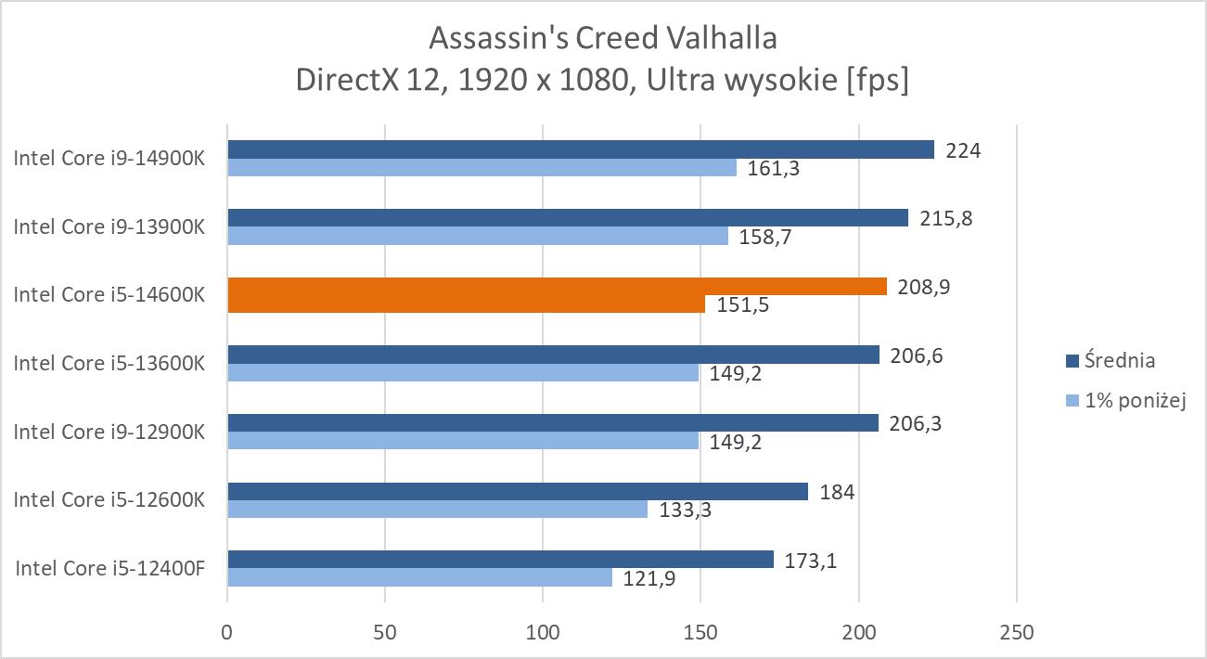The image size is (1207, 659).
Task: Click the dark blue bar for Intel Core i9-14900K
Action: coord(580,149)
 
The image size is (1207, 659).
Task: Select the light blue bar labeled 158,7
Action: coord(478,236)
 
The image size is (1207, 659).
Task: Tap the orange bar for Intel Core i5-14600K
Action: coord(557,286)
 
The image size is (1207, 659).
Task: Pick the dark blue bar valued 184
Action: coord(518,491)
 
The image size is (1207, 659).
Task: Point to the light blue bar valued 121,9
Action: coord(419,577)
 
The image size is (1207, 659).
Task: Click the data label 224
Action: coord(963,149)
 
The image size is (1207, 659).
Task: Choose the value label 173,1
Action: coord(811,560)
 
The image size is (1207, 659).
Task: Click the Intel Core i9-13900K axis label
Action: coord(109,226)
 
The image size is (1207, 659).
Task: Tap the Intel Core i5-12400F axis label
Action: coord(109,568)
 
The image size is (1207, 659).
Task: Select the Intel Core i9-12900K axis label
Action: coord(109,432)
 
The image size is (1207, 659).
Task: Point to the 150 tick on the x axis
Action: coord(700,634)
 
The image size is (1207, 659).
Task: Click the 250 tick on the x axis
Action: coord(1017,634)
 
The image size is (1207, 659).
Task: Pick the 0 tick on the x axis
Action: coord(227,634)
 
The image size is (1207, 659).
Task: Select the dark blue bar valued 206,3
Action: coord(553,422)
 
